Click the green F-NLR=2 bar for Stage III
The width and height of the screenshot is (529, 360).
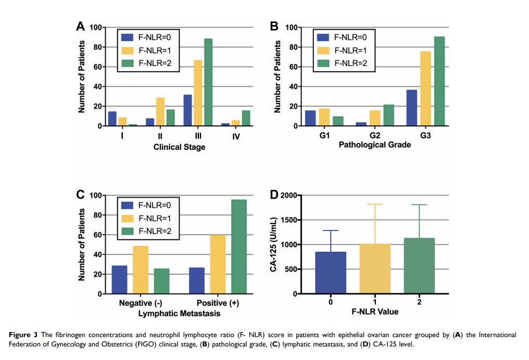coord(208,82)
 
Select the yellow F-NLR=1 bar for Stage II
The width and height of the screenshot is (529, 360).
coord(160,112)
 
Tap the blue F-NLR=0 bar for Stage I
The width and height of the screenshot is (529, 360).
coord(112,119)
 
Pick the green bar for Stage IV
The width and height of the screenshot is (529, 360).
coord(246,118)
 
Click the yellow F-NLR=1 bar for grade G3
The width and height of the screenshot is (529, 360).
coord(396,88)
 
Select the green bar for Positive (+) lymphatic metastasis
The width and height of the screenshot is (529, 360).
coord(239,247)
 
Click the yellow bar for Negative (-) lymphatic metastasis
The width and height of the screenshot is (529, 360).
coord(141,269)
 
